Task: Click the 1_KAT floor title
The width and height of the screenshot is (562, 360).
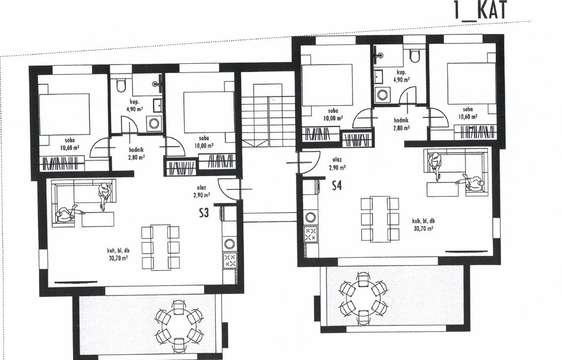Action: (481, 10)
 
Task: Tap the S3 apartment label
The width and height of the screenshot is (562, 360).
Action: (204, 213)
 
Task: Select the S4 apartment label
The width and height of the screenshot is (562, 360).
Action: (337, 186)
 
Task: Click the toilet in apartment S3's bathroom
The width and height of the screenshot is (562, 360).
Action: (121, 85)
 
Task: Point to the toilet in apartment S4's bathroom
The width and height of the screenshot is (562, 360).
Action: (415, 56)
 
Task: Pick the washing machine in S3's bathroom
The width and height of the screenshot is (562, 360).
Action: (155, 124)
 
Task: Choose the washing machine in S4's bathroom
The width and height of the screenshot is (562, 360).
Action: (383, 95)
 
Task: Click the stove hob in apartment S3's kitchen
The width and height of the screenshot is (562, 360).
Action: (230, 260)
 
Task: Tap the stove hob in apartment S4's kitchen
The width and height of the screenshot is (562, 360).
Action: (311, 234)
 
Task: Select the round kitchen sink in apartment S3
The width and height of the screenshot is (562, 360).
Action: (230, 244)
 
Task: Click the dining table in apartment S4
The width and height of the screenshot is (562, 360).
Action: (380, 219)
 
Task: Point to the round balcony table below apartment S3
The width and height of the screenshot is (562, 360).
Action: (179, 325)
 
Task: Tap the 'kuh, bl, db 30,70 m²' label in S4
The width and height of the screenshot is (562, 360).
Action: (423, 225)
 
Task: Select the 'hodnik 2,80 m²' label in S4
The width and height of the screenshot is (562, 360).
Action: (401, 124)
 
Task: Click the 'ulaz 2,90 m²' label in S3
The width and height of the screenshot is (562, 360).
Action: (201, 192)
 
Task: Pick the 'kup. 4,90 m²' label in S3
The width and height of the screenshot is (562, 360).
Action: (135, 105)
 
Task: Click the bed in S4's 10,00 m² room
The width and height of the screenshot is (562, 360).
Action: (327, 85)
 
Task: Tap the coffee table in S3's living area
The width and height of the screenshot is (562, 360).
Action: (98, 219)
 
